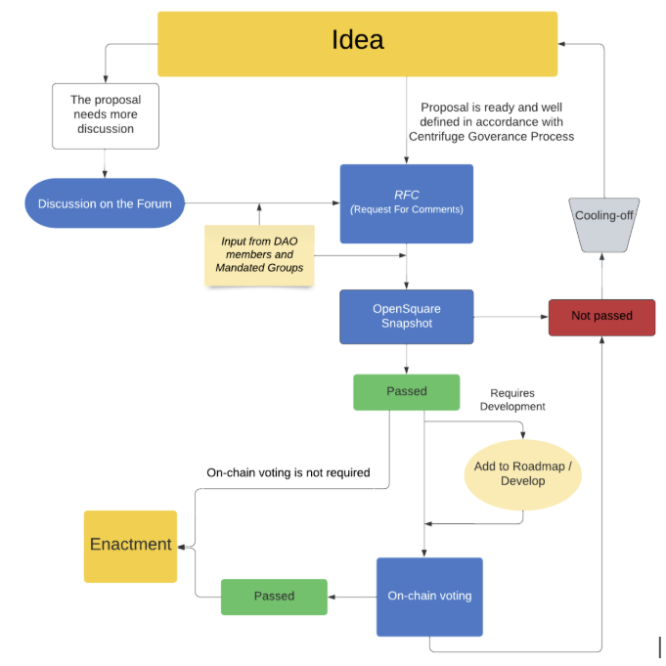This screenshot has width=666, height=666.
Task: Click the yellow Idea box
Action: point(357,43)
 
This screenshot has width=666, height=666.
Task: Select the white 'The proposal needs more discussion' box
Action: point(106,114)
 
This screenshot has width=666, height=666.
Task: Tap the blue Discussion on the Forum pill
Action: point(105,203)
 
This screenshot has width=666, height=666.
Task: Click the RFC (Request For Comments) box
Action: point(406,203)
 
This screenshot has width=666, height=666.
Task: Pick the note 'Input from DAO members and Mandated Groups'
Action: point(259,255)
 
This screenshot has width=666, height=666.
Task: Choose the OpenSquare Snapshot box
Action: point(406,316)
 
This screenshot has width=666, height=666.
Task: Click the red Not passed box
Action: point(600,317)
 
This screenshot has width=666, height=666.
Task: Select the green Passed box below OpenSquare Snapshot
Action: point(406,391)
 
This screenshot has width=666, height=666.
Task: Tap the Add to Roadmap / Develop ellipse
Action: point(522,474)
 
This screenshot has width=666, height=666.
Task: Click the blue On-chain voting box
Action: point(429,596)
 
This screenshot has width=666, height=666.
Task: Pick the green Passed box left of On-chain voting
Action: point(273,596)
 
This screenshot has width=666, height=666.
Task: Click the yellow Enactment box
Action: point(130,545)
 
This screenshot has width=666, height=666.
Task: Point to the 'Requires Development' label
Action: point(511,400)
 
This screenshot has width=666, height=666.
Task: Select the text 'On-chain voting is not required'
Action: point(288,472)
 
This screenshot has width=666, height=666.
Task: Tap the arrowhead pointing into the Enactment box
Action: point(182,546)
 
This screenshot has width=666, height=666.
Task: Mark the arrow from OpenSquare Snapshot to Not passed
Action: point(511,317)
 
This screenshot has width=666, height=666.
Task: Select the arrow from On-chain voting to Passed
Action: point(352,596)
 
